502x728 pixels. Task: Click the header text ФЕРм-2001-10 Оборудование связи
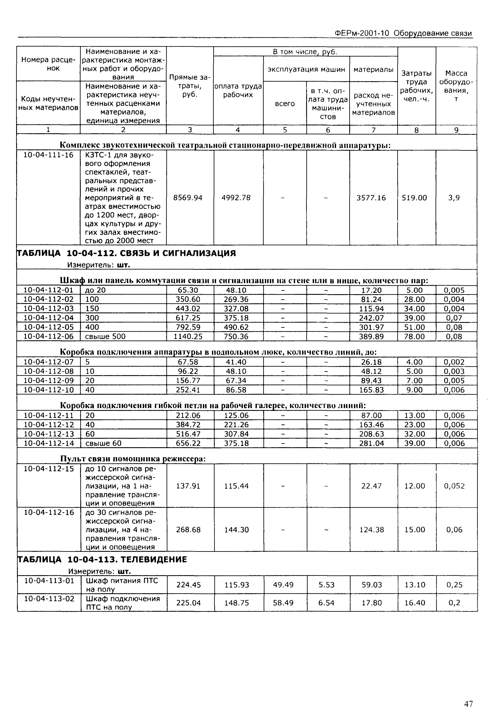coord(403,33)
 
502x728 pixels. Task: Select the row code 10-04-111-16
coord(48,155)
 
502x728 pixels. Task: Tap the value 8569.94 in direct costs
coord(188,198)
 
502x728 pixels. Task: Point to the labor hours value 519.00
coord(414,198)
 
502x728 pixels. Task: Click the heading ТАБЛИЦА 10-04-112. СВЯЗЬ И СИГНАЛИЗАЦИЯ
coord(126,253)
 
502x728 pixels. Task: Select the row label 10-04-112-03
coord(48,309)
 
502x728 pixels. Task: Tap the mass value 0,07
coord(454,318)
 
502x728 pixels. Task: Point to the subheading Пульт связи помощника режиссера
coord(133,459)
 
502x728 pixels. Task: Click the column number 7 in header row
coord(373,130)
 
